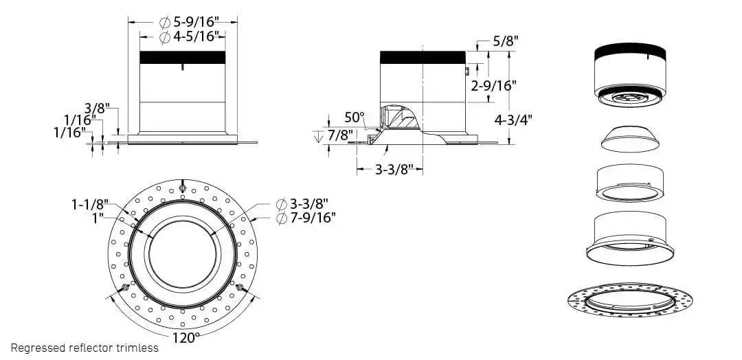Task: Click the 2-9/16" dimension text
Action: [x=494, y=85]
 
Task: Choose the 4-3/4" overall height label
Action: [x=514, y=119]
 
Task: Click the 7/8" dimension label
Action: [x=339, y=135]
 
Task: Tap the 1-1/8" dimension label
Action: [x=90, y=204]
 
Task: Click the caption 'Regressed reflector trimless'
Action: [x=85, y=348]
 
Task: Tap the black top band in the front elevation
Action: [x=182, y=57]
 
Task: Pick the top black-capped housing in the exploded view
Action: [x=629, y=72]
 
